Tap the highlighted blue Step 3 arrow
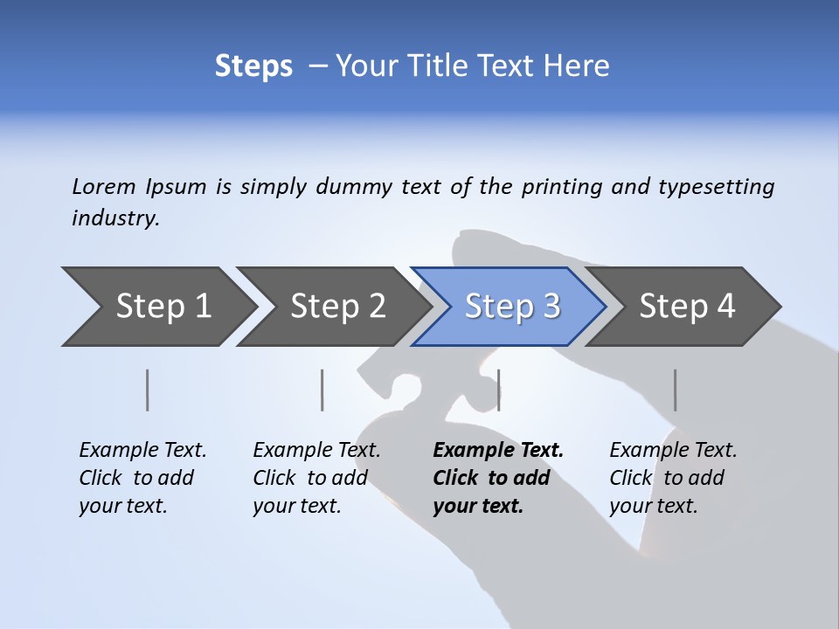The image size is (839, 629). (x=511, y=307)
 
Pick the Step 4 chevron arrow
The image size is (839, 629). (x=686, y=307)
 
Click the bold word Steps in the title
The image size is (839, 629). (x=253, y=66)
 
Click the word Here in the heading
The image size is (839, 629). (x=579, y=66)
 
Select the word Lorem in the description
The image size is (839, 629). (x=103, y=187)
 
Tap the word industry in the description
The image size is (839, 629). (x=114, y=218)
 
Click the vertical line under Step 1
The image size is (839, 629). (x=148, y=390)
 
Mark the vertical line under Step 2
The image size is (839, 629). (x=322, y=390)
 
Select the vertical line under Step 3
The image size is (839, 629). (x=498, y=390)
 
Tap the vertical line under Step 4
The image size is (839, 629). (x=675, y=390)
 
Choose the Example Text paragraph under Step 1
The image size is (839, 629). (x=142, y=478)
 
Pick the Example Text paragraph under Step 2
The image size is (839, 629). (x=316, y=478)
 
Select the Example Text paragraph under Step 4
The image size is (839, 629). (x=673, y=478)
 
